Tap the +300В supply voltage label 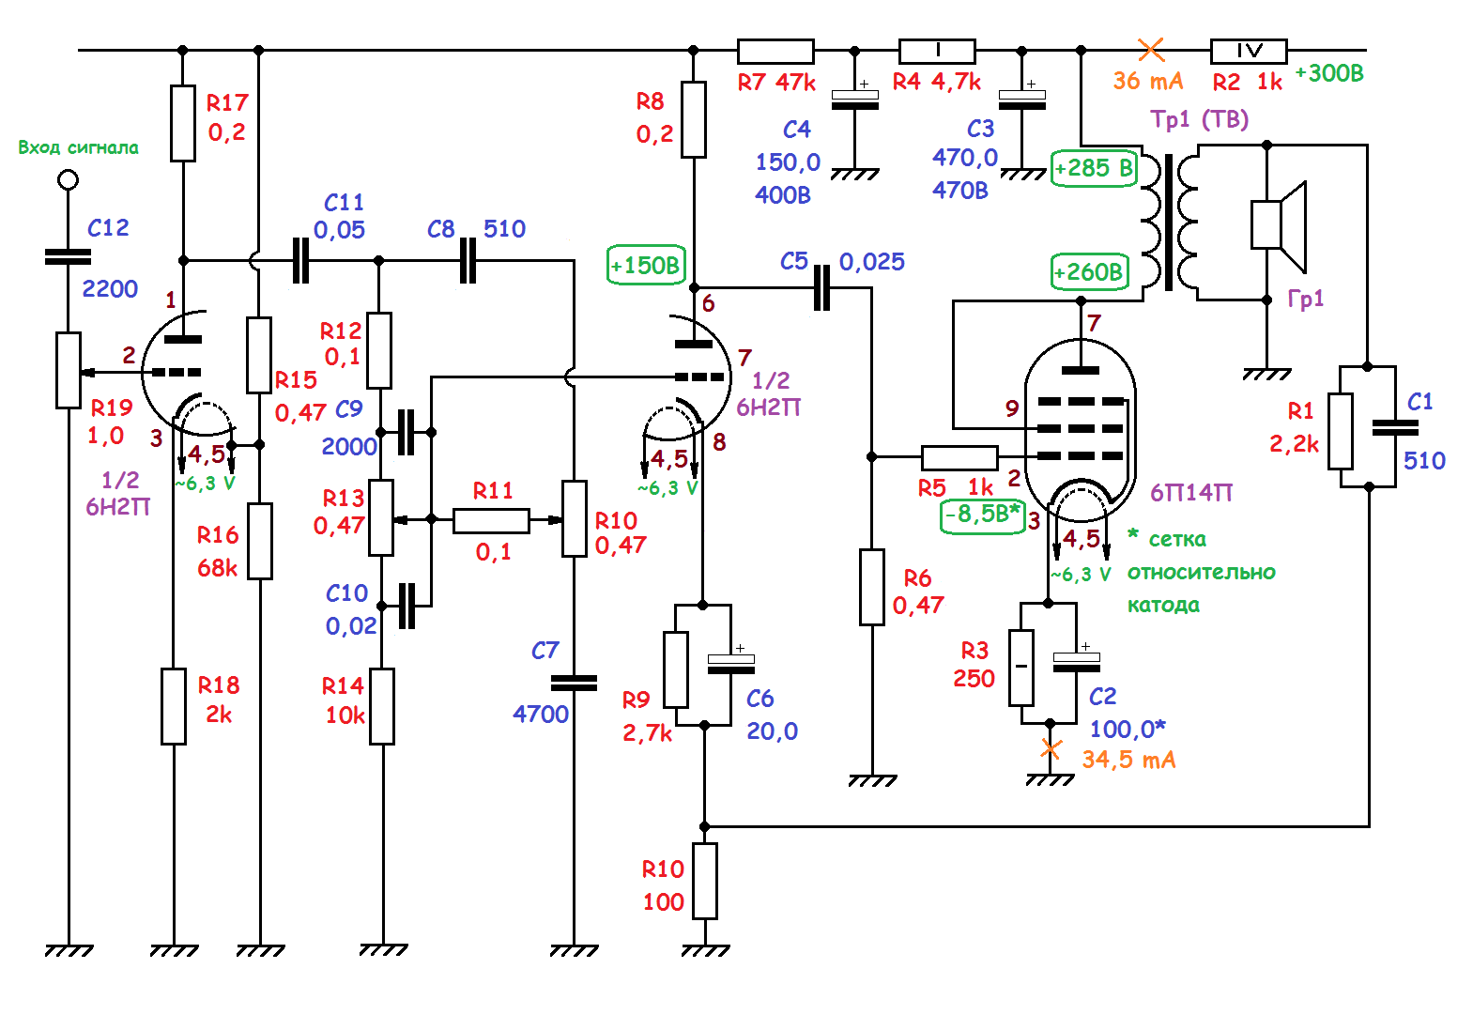[1328, 73]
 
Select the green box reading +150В [646, 266]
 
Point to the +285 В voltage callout [1094, 168]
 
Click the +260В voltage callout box [1089, 272]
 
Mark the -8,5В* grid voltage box [982, 515]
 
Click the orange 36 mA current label [1147, 81]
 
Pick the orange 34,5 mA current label [1128, 760]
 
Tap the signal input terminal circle [68, 178]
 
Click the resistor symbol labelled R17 [183, 123]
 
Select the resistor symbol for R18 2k [174, 706]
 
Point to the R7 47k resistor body [775, 52]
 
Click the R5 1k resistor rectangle [959, 457]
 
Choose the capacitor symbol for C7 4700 [574, 683]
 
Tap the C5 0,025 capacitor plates [821, 287]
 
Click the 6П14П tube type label [1190, 493]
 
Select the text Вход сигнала [78, 147]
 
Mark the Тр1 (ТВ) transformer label [1199, 119]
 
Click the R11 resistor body [490, 520]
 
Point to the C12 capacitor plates [69, 256]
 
